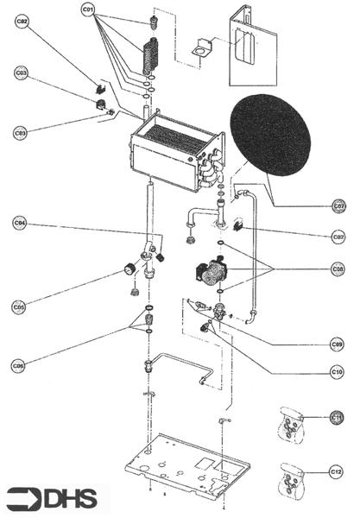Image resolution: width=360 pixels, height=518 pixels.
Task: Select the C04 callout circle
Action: pyautogui.click(x=20, y=223)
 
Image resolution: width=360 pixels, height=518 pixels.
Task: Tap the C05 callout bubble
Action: pyautogui.click(x=20, y=306)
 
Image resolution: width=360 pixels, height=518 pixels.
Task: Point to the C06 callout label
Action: pyautogui.click(x=20, y=365)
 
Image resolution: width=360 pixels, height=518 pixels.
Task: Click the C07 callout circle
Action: pyautogui.click(x=339, y=206)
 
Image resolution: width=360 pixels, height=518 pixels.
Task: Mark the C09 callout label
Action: pyautogui.click(x=339, y=343)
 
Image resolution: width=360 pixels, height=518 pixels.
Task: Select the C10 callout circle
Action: pyautogui.click(x=339, y=372)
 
